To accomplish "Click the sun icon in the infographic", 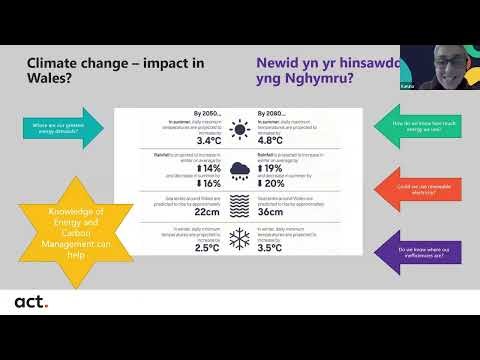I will pyautogui.click(x=241, y=129).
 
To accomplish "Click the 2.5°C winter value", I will pyautogui.click(x=206, y=248).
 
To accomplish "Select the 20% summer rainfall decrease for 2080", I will pyautogui.click(x=274, y=184).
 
